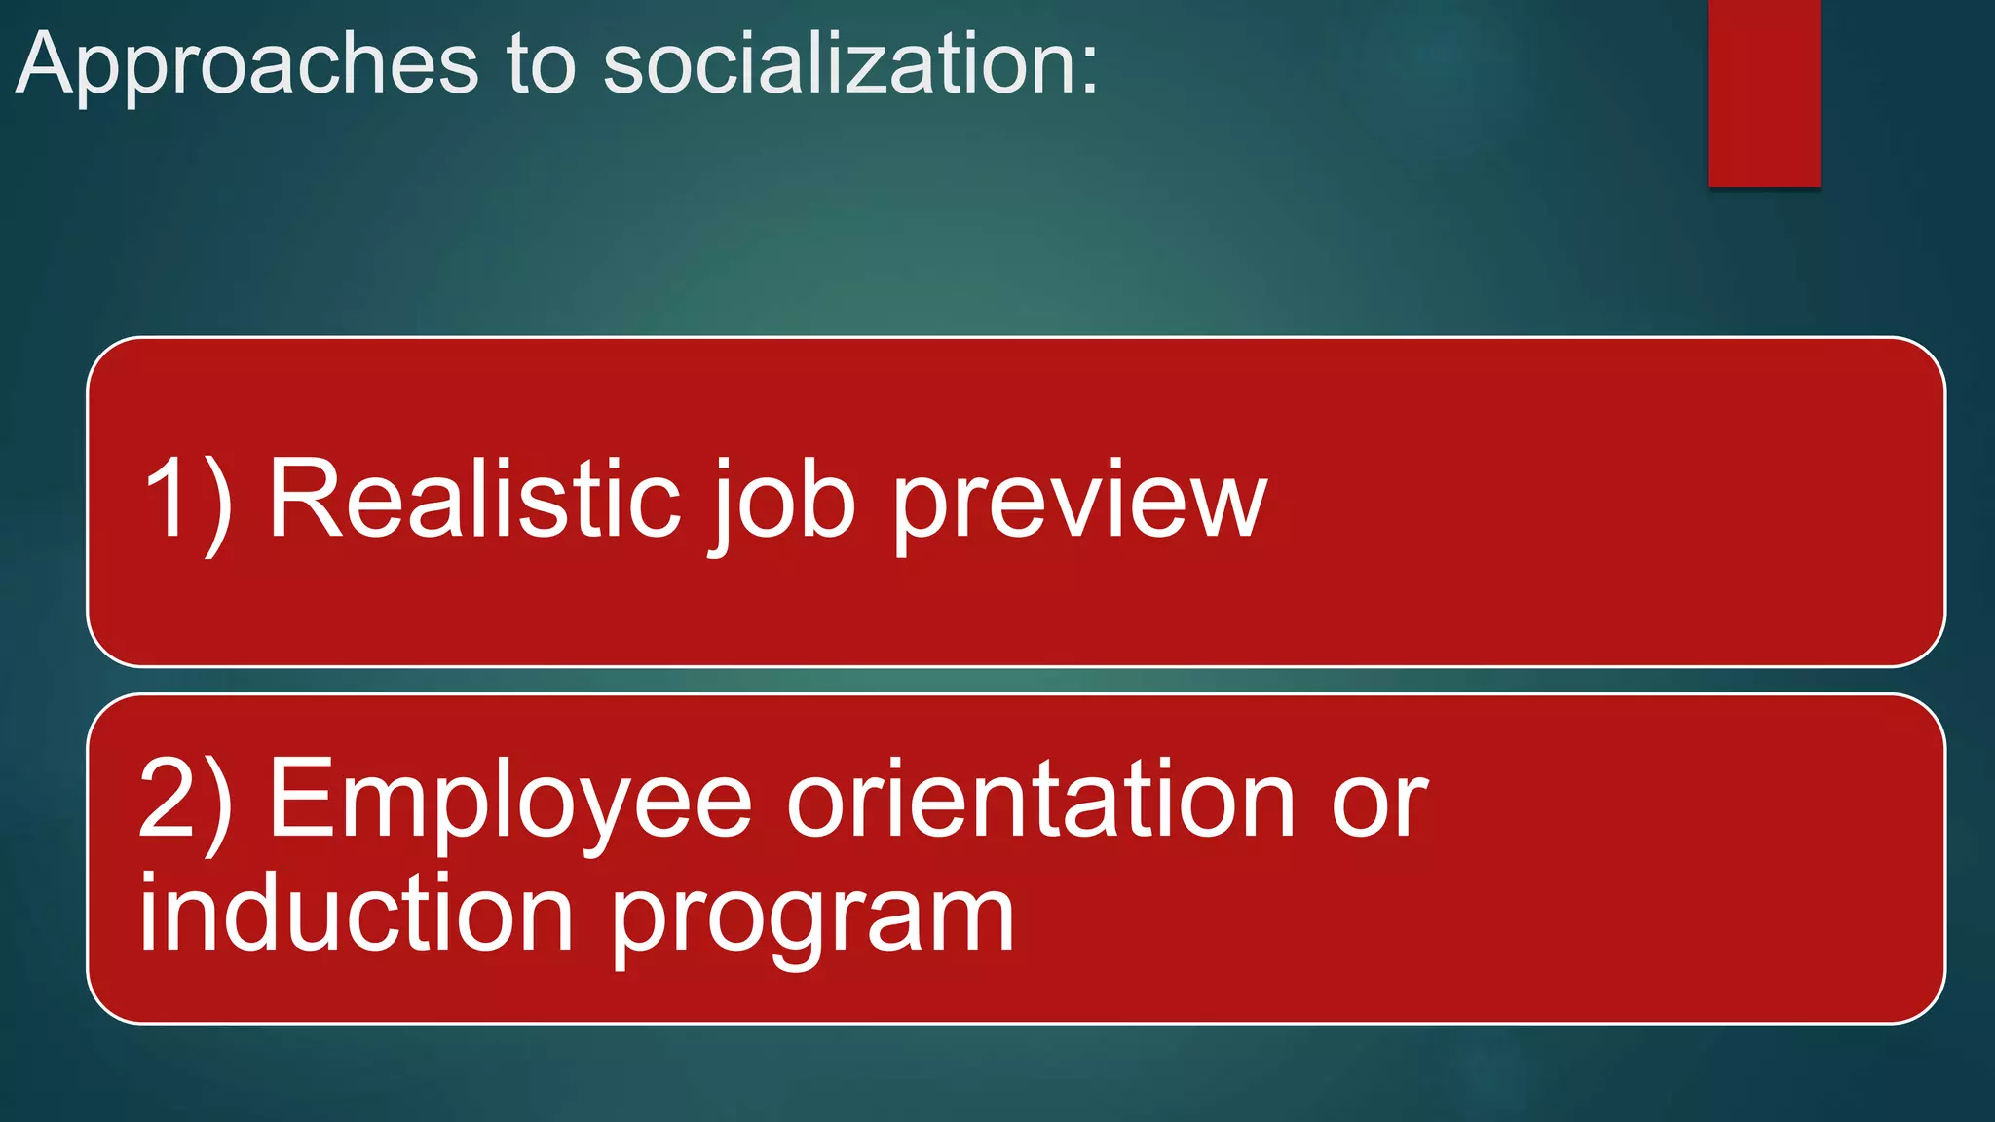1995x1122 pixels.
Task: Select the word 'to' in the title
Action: click(541, 65)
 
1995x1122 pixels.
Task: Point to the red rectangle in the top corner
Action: click(1763, 93)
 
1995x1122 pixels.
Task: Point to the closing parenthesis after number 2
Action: click(218, 804)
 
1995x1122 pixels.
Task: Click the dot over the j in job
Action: click(726, 464)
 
